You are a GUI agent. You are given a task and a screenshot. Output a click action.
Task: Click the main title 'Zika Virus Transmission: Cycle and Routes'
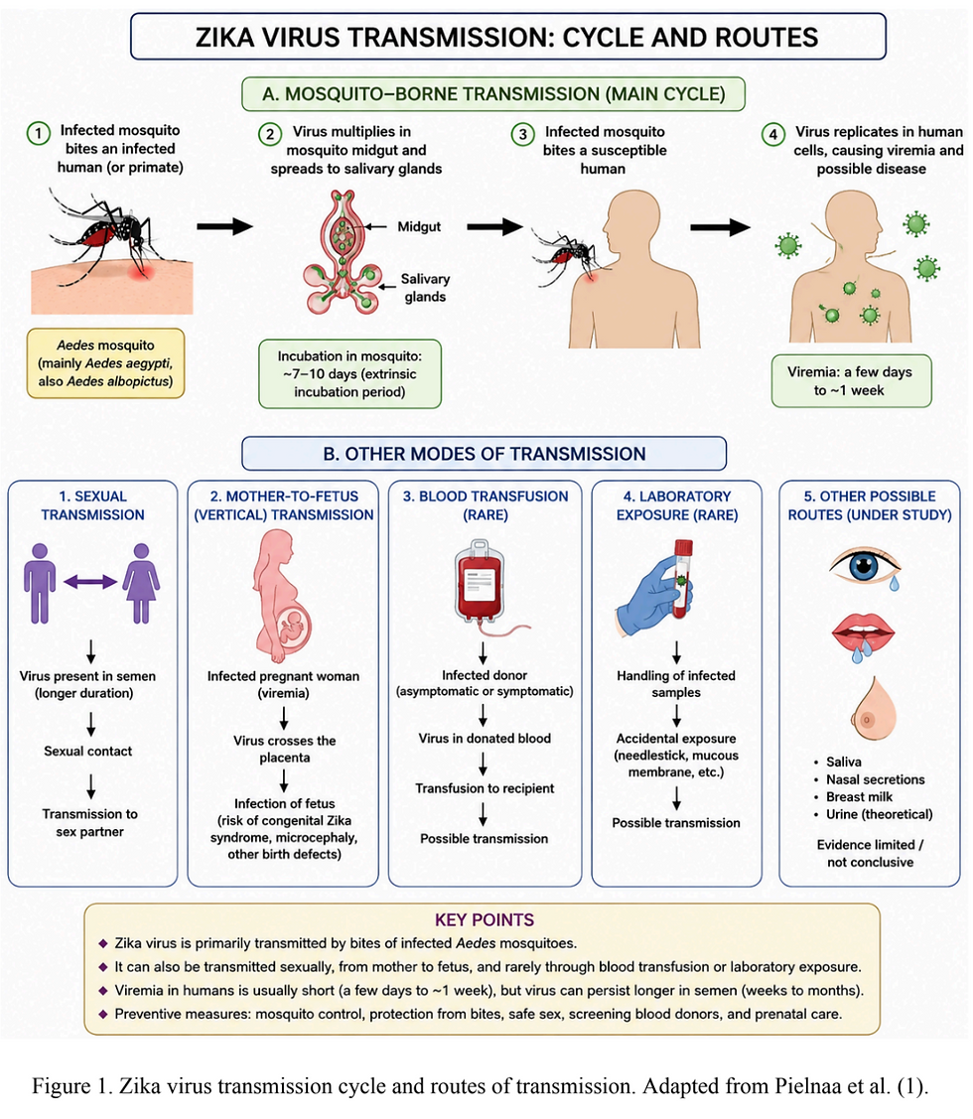[x=506, y=37]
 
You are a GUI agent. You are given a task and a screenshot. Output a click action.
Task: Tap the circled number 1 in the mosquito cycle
[x=39, y=133]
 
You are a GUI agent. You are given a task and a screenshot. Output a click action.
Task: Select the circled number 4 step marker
[x=773, y=134]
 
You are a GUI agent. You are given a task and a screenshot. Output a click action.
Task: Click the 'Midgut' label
[x=419, y=227]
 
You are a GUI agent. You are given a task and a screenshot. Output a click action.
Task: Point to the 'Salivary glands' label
[x=425, y=288]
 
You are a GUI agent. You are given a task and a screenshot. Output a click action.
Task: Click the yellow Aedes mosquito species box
[x=105, y=363]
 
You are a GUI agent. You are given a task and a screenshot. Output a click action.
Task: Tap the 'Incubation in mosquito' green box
[x=349, y=374]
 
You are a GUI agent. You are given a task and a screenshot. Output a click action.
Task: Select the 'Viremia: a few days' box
[x=851, y=381]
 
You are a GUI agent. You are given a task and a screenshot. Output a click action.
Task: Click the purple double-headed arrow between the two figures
[x=90, y=582]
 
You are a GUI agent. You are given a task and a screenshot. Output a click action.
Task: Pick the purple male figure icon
[x=40, y=583]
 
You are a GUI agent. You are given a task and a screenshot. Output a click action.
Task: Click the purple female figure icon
[x=141, y=583]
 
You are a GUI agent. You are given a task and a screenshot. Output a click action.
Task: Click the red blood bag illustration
[x=480, y=582]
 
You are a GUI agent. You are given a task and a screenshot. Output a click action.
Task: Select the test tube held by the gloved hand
[x=682, y=578]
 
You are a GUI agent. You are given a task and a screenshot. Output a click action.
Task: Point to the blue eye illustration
[x=865, y=566]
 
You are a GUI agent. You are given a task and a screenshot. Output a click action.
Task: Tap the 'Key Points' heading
[x=485, y=919]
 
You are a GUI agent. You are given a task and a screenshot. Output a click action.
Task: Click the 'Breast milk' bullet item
[x=859, y=796]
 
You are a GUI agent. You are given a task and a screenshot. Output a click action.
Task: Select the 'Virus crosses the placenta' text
[x=284, y=749]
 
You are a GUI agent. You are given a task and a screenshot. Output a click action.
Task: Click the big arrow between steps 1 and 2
[x=224, y=226]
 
